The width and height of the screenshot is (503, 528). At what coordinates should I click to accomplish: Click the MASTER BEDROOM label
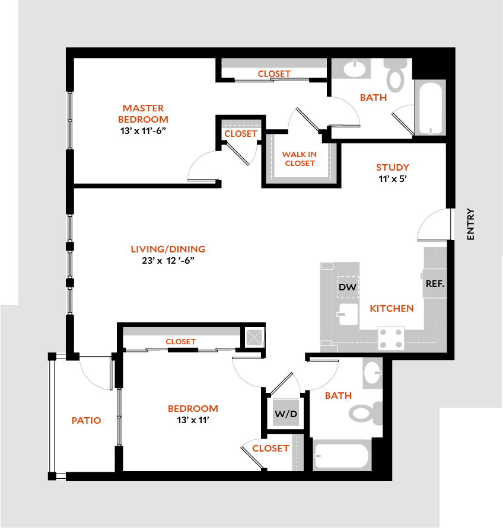[x=143, y=113]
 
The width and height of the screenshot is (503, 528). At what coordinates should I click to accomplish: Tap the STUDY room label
[x=392, y=167]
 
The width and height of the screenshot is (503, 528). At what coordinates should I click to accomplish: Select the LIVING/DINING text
[x=168, y=249]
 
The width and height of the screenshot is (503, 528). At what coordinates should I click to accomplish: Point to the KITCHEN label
[x=391, y=308]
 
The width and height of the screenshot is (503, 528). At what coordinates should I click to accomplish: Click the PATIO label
[x=86, y=420]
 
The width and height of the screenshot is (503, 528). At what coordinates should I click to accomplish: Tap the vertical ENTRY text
[x=471, y=224]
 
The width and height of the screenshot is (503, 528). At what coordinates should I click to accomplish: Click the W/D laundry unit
[x=285, y=414]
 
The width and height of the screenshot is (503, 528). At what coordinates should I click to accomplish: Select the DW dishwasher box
[x=347, y=287]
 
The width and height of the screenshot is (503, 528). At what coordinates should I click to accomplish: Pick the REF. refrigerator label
[x=434, y=283]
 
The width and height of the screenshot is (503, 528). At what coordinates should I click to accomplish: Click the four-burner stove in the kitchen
[x=391, y=339]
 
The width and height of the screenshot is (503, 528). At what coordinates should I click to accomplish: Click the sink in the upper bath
[x=355, y=69]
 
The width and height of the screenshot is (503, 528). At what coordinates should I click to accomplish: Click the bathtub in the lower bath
[x=341, y=455]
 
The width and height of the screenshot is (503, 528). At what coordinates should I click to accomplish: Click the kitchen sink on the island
[x=348, y=315]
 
